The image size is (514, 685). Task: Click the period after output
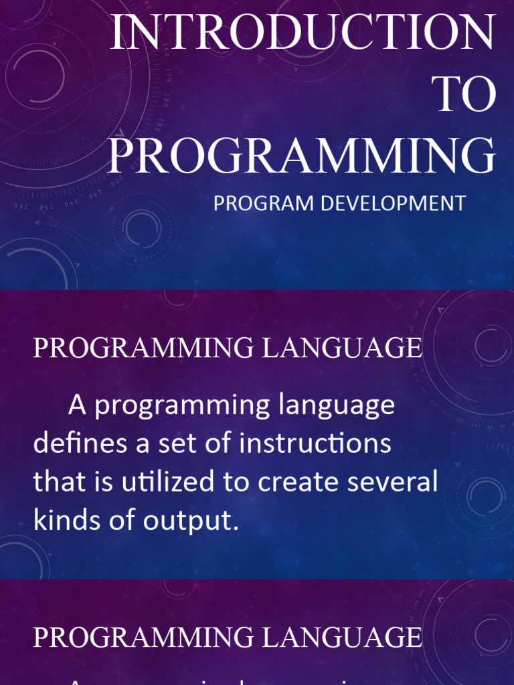pyautogui.click(x=236, y=528)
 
